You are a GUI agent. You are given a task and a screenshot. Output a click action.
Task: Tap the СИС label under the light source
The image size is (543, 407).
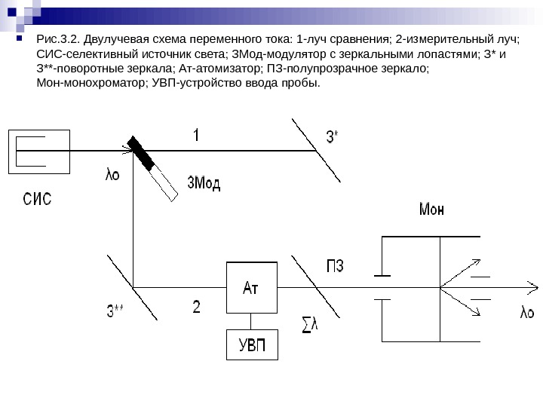coord(37,200)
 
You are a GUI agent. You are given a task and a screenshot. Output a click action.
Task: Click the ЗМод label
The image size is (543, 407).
coord(204,184)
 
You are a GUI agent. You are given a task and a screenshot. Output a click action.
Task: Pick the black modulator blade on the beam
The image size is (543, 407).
coord(141,154)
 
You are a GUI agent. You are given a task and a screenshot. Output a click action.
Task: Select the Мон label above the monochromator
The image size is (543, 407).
coord(431,210)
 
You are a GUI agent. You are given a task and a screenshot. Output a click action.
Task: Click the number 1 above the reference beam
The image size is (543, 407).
coord(196,136)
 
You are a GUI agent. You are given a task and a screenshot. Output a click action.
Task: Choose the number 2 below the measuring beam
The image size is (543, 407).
coord(197,307)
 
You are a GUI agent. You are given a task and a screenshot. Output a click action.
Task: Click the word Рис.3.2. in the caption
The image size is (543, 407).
coord(58,41)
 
